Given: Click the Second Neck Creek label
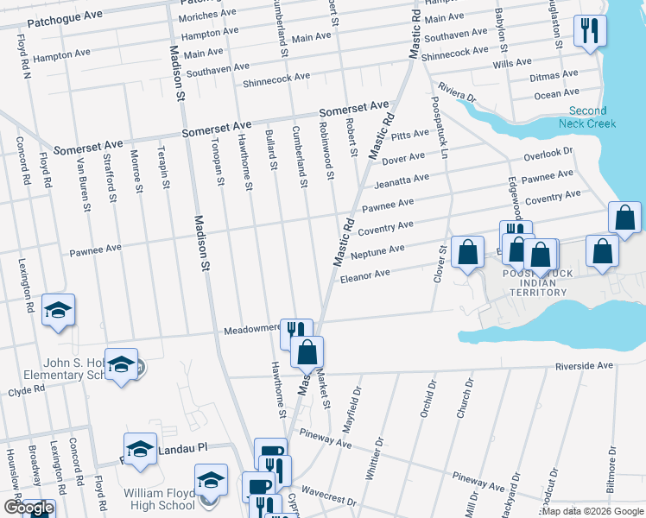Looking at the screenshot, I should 592,117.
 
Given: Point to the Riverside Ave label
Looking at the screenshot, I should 584,366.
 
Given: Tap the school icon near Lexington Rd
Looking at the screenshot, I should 58,311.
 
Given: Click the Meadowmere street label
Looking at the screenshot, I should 253,330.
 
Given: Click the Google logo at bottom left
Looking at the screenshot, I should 28,509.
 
